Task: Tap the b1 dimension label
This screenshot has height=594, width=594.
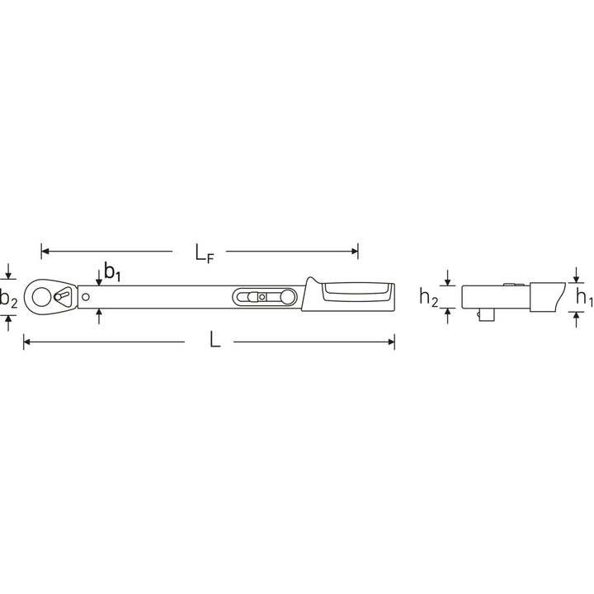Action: [x=112, y=272]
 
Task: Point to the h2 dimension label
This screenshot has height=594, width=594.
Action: [x=427, y=297]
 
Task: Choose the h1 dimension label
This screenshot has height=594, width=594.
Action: [x=582, y=297]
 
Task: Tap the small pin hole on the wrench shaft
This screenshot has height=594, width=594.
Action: [x=86, y=296]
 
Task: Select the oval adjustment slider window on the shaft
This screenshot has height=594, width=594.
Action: [x=263, y=296]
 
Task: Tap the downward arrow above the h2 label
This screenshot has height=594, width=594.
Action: [x=449, y=280]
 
